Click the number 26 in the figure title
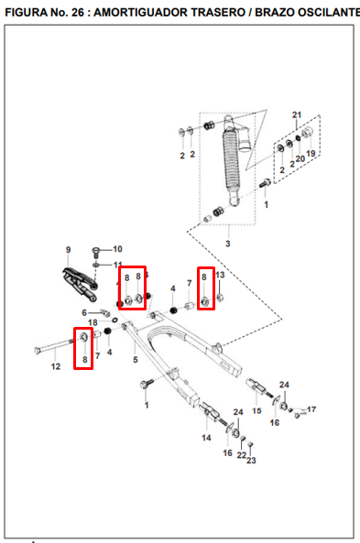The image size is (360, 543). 78,13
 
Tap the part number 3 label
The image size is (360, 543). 228,244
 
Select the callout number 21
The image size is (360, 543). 297,114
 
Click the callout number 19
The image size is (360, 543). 311,154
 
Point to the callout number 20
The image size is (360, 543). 300,158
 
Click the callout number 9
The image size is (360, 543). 69,250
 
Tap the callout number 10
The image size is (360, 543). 117,249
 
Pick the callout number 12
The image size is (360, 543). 56,366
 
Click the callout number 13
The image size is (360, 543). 220,275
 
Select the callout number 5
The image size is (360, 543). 136,360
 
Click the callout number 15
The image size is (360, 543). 256,411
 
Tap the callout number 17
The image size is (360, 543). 311,409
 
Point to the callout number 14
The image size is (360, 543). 206,438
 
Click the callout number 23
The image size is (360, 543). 251,461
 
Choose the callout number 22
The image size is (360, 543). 242,455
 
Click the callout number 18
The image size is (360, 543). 93,322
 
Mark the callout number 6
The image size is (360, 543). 84,313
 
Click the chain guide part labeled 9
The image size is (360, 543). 80,284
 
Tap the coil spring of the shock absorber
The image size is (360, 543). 230,162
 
